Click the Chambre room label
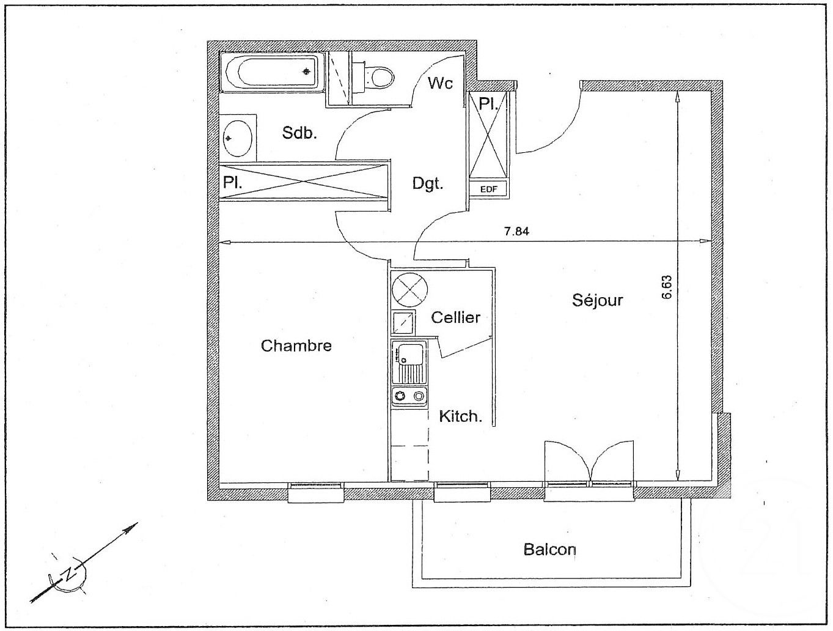pos(296,346)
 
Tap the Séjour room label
pos(597,300)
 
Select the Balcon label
pos(549,549)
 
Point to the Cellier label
pos(455,317)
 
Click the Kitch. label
pos(461,417)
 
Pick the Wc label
pos(440,83)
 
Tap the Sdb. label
pos(299,133)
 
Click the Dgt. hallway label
pos(427,183)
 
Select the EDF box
pos(488,189)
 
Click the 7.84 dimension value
pos(516,232)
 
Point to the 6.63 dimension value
pos(667,286)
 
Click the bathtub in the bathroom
pos(271,72)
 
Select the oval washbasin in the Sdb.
pos(237,138)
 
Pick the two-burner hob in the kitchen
pos(409,397)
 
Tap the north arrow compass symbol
pos(72,574)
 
